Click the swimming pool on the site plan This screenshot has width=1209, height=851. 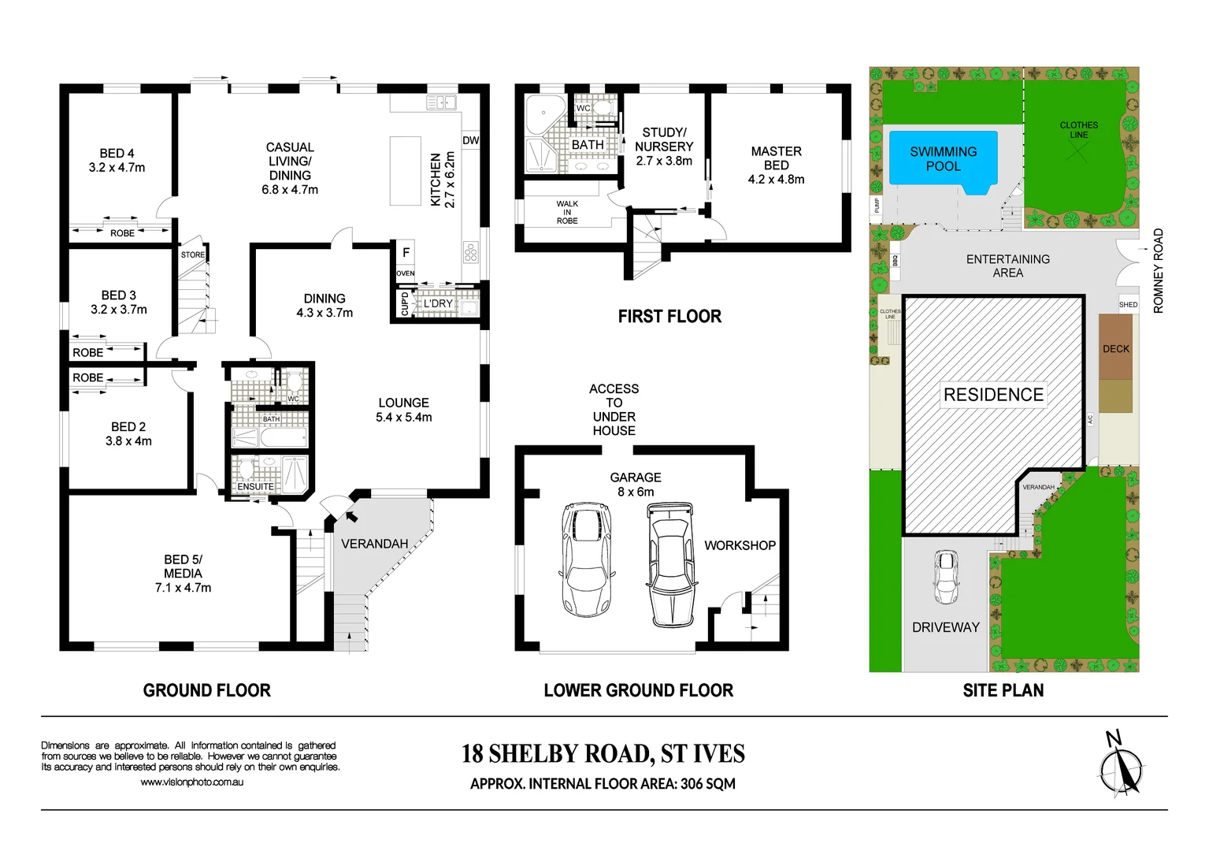943,159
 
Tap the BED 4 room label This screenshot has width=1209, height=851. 117,160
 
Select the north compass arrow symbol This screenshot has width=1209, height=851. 1121,767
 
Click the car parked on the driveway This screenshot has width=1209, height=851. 946,576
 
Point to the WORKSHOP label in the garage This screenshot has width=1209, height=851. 740,545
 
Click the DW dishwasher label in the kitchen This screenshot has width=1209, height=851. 471,140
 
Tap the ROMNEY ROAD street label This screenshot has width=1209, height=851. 1158,271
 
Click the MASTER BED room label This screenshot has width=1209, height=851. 776,165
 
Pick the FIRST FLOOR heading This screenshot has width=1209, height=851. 669,317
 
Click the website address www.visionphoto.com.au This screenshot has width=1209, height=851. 191,782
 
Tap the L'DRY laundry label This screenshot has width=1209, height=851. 439,303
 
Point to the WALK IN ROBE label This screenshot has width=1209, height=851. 567,213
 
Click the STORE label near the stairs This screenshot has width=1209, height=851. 193,255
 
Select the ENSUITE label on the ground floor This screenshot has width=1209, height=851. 256,487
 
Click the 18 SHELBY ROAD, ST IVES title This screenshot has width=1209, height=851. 603,754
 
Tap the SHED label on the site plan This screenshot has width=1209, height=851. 1128,304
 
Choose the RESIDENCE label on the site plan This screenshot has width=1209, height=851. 993,395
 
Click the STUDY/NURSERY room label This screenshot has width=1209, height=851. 664,146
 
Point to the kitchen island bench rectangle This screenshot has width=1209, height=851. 406,171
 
